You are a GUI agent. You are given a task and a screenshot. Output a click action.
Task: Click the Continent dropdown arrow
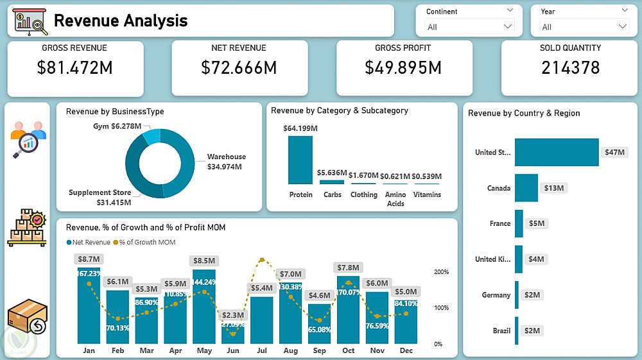[508, 26]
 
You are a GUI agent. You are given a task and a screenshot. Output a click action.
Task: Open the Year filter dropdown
[622, 26]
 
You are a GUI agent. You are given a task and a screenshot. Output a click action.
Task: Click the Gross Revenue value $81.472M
[76, 67]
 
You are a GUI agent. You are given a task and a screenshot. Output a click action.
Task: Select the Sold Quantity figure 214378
[571, 67]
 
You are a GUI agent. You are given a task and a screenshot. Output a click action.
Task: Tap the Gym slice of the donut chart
[152, 135]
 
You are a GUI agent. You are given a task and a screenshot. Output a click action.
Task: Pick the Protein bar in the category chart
[300, 160]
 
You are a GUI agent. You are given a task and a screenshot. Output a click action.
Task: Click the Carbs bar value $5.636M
[332, 173]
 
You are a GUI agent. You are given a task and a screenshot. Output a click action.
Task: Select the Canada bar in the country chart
[526, 188]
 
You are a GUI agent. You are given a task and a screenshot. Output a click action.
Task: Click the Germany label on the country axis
[496, 295]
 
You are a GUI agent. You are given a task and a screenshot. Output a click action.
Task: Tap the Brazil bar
[517, 330]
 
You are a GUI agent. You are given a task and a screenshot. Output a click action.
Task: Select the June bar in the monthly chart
[233, 334]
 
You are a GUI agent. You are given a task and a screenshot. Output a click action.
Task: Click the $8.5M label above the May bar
[204, 261]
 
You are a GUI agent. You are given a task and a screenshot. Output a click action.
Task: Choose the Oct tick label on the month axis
[348, 351]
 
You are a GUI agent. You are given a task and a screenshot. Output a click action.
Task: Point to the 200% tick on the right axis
[442, 272]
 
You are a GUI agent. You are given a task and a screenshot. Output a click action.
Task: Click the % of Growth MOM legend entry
[144, 243]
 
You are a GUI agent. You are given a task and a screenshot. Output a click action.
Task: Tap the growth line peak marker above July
[261, 261]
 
